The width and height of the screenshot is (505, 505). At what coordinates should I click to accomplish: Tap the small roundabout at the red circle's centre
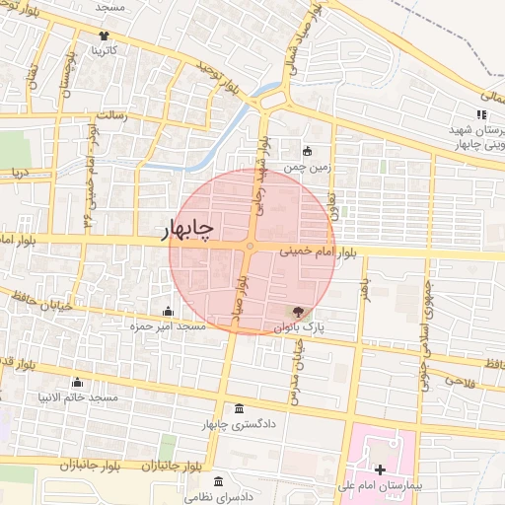coord(252,246)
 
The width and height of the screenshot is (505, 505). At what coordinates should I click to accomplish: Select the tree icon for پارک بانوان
coord(300,312)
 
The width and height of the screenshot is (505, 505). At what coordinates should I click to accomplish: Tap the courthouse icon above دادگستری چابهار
coord(238,409)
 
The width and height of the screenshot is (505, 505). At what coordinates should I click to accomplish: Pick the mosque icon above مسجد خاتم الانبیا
coord(77,382)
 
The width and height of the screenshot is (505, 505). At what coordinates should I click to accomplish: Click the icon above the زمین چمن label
coord(307,151)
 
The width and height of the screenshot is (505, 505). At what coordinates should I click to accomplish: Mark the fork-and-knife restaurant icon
coord(481,115)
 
